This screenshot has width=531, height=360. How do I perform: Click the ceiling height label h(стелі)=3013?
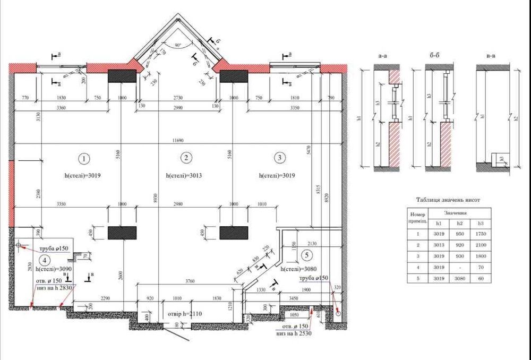click(x=184, y=175)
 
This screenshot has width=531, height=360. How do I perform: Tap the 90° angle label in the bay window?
click(x=177, y=46)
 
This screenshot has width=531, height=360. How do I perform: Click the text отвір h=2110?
click(x=185, y=314)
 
